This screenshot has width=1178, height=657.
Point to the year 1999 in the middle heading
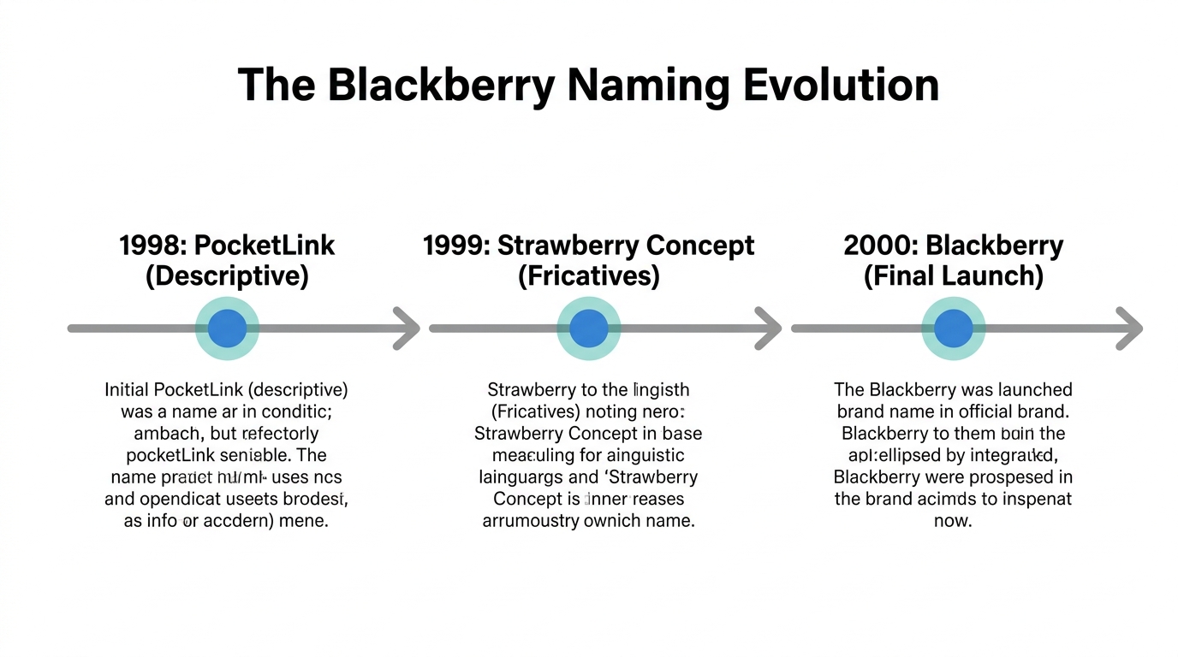[x=456, y=246]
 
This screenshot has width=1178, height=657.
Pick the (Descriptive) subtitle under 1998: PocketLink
[x=227, y=276]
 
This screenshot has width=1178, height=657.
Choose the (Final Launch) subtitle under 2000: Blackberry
[x=953, y=276]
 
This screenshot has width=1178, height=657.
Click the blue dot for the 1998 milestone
[x=227, y=328]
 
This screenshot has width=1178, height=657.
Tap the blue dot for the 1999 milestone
[x=588, y=328]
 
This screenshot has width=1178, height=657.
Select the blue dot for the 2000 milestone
[x=953, y=328]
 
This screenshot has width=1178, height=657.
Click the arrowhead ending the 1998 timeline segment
[x=408, y=328]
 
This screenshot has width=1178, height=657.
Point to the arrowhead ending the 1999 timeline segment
[x=769, y=328]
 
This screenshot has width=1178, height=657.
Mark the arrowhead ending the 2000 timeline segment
[x=1130, y=328]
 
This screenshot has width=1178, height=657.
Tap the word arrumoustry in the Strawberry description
[x=530, y=520]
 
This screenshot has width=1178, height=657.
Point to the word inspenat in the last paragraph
[x=1032, y=499]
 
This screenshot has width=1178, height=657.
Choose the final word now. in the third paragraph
[x=953, y=520]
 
